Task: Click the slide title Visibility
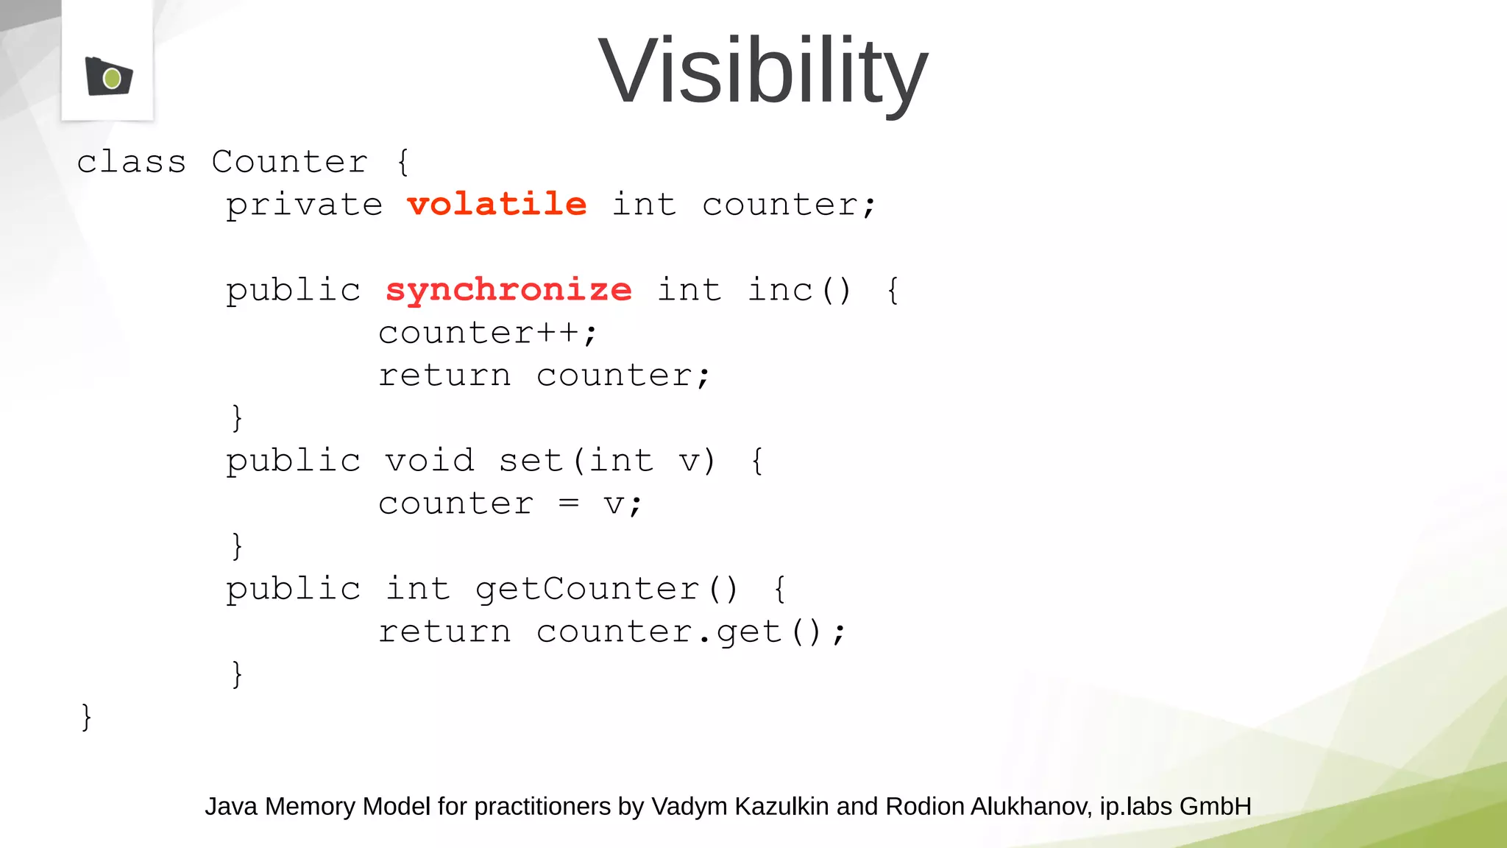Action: tap(763, 71)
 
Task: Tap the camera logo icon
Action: tap(109, 77)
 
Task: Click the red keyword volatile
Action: tap(497, 204)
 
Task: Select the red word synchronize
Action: tap(508, 289)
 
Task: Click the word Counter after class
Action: tap(290, 161)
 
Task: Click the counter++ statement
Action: tap(487, 333)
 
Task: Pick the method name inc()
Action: tap(799, 289)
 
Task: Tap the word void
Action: tap(430, 461)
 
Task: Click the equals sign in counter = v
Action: tap(568, 504)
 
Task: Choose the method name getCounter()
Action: tap(606, 589)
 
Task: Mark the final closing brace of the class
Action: tap(86, 716)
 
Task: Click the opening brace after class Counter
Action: tap(403, 161)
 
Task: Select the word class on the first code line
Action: tap(132, 161)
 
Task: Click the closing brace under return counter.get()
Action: tap(237, 674)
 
